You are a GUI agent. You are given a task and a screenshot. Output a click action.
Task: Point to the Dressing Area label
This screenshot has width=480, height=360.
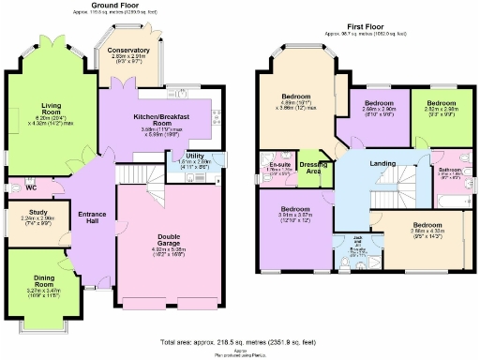[311, 167]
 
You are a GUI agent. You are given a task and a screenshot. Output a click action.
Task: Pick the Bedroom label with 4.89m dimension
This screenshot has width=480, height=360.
[295, 97]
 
